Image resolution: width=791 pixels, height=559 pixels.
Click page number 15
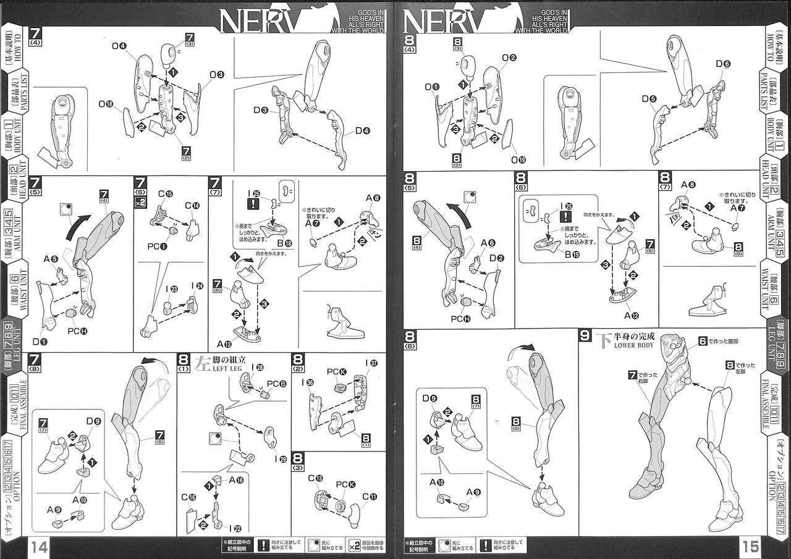751,546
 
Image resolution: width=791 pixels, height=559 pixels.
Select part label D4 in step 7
363,131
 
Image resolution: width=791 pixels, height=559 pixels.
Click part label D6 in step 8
724,64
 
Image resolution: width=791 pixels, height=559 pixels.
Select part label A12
631,315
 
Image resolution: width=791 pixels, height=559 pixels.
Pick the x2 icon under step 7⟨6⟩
141,202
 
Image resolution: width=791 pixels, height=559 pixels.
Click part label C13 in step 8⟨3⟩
315,479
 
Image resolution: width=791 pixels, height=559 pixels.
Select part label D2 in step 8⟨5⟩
494,258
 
